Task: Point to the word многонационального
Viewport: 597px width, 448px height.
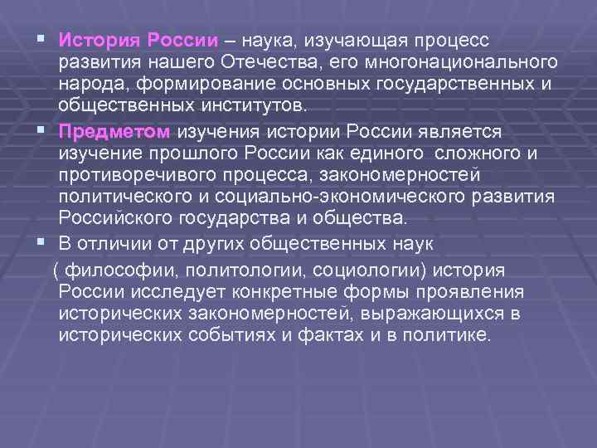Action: pos(469,63)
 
